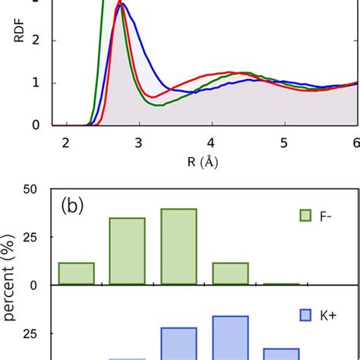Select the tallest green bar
coord(178,247)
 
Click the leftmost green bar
coord(76,273)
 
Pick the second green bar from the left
coord(127,251)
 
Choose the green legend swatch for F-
coord(308,216)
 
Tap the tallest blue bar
coord(230,338)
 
